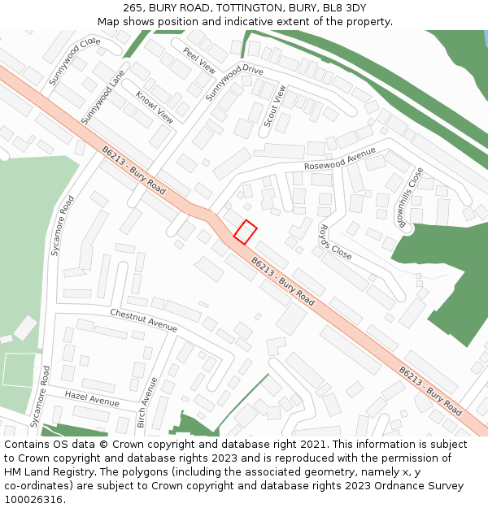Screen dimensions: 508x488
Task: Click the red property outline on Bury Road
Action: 246,232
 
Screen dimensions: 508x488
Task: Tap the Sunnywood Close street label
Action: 74,61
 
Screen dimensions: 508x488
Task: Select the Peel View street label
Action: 199,60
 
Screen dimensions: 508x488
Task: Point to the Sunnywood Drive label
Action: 235,82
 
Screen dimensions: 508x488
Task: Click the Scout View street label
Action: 274,106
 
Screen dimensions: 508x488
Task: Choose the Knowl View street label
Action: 155,106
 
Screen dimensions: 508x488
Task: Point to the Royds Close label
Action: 334,241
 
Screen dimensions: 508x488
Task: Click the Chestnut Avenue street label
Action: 143,319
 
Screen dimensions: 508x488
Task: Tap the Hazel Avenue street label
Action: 92,398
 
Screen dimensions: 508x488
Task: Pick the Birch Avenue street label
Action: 147,402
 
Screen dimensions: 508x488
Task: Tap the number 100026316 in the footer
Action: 33,499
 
